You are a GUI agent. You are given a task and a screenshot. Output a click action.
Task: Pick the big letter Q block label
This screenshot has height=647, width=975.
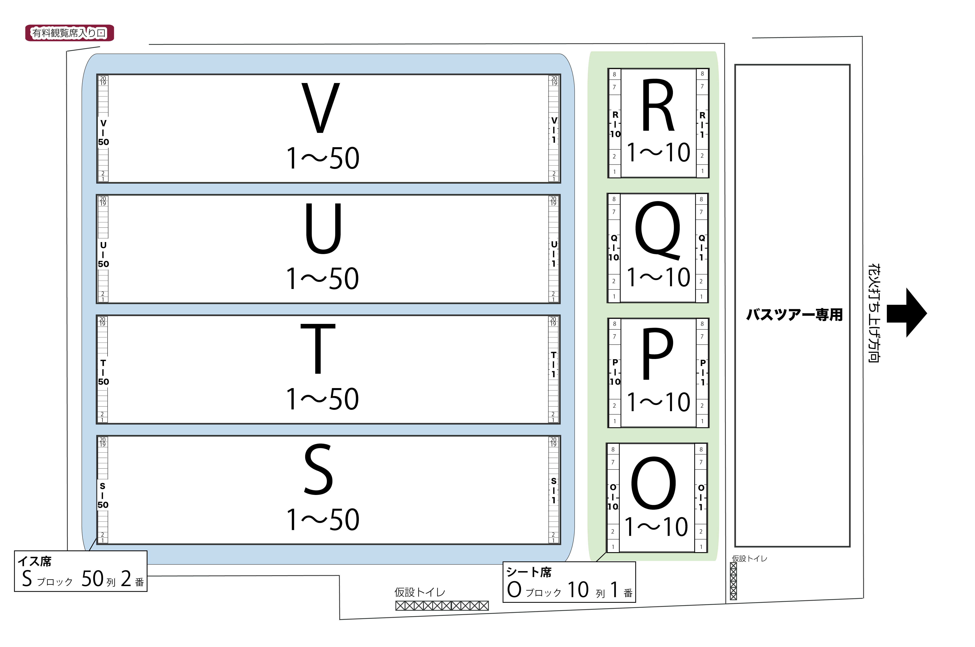(x=658, y=231)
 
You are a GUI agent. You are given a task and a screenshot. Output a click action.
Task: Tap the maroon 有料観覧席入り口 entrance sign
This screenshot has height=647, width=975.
(x=69, y=33)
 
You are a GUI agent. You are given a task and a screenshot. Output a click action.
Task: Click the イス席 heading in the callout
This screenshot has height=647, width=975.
(x=35, y=561)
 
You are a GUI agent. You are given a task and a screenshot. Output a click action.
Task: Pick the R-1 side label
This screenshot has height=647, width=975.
(x=702, y=125)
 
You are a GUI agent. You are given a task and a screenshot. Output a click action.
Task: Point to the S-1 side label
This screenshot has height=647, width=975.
(x=554, y=490)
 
